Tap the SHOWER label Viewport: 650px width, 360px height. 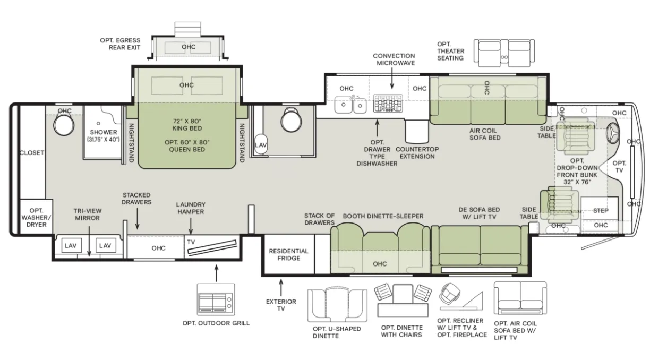104,132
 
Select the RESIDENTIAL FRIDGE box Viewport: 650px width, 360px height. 289,254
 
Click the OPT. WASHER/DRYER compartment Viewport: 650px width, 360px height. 36,217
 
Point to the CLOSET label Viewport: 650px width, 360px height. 32,152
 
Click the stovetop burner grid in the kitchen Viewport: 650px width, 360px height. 388,103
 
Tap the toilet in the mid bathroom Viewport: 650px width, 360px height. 291,120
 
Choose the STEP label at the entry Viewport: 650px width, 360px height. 601,211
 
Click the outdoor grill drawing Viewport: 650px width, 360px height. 216,299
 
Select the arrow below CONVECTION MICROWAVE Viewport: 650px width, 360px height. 392,79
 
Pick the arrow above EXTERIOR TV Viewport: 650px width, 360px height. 281,287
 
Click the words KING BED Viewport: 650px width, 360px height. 187,128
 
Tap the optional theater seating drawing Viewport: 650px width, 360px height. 504,53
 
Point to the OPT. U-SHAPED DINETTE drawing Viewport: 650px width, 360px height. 337,305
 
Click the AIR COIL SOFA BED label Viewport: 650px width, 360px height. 485,134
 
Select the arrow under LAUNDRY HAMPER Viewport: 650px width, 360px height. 191,226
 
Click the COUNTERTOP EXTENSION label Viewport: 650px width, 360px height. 417,152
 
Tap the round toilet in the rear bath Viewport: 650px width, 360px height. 64,125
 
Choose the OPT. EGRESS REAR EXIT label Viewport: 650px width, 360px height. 120,44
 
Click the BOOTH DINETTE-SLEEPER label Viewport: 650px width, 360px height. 383,216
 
